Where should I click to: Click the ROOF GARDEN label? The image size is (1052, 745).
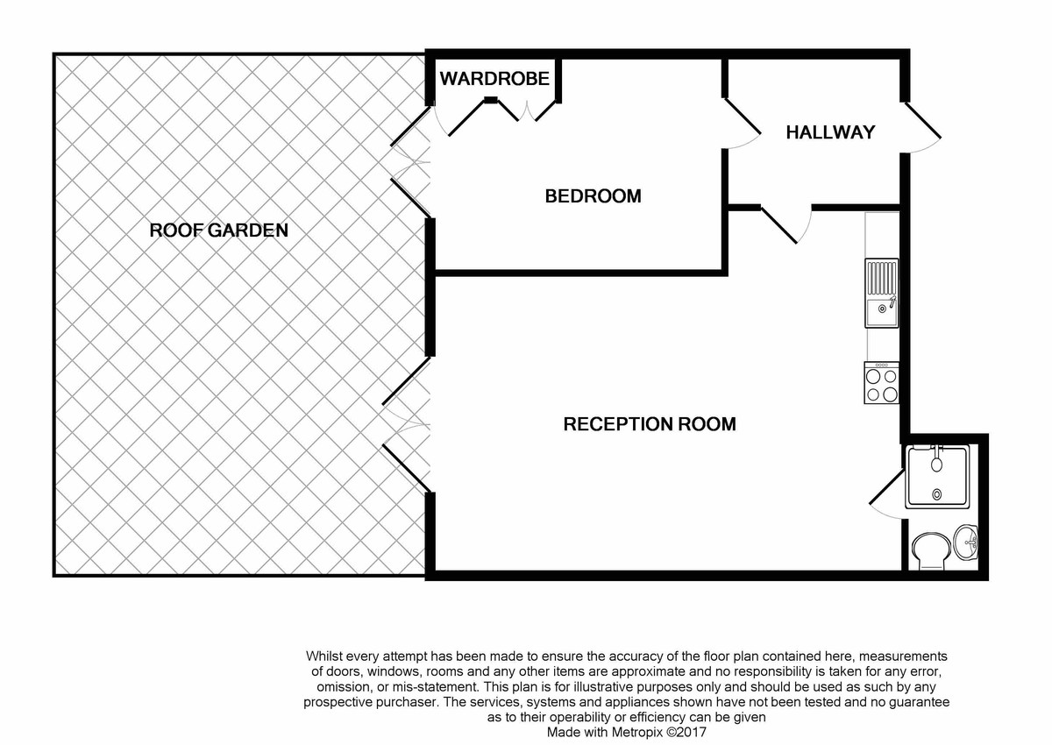point(219,231)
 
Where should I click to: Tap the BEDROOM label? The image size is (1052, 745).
point(593,195)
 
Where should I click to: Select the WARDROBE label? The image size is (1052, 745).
point(494,79)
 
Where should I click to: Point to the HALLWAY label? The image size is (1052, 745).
point(830,132)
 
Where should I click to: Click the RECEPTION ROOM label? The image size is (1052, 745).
point(649,424)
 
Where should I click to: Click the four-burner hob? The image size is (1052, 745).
point(882,383)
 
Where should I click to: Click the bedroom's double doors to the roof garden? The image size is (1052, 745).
point(409,167)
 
